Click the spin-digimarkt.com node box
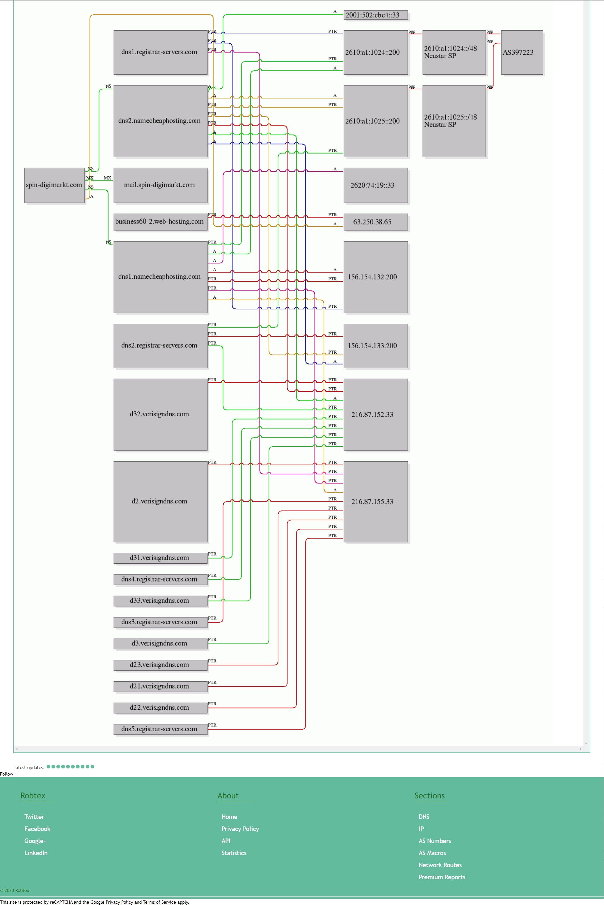[54, 185]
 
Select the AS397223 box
[522, 52]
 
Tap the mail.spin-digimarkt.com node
[160, 185]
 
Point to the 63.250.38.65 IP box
[376, 222]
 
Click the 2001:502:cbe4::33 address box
[376, 15]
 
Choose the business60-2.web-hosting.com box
[160, 222]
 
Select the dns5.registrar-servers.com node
[160, 729]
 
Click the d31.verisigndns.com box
[160, 558]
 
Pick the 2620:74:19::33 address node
[376, 185]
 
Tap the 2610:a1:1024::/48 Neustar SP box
[454, 52]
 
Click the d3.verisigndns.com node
[160, 644]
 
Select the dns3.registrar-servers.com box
[160, 622]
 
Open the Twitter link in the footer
[34, 816]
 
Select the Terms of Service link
[159, 902]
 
